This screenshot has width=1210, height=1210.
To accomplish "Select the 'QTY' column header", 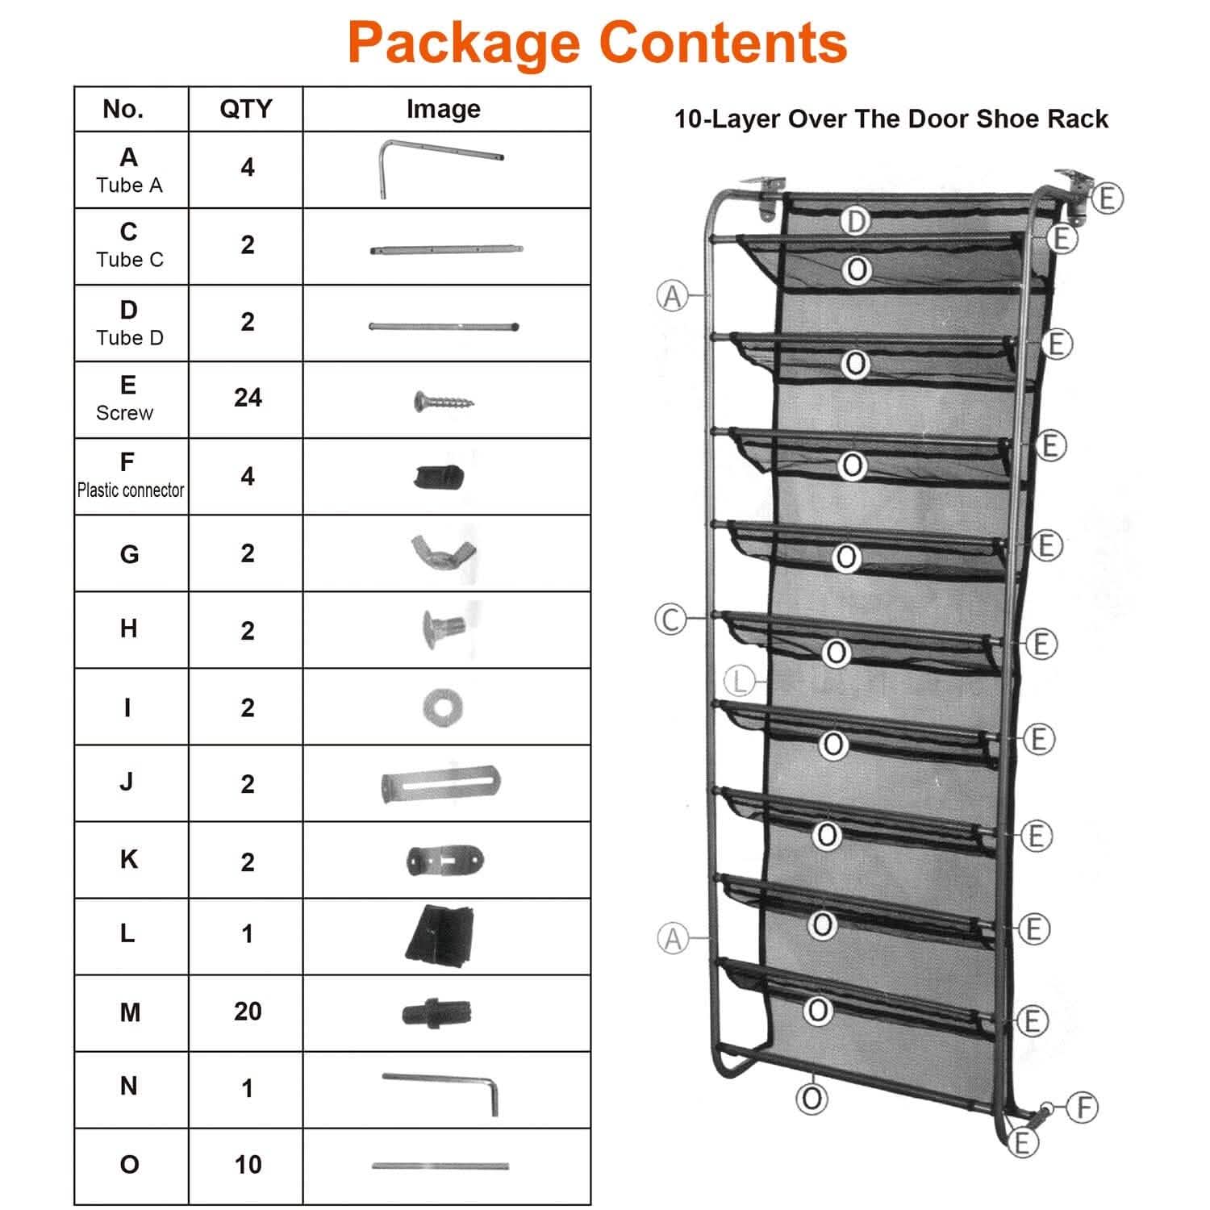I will [245, 109].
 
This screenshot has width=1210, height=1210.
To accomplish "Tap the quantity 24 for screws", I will [248, 398].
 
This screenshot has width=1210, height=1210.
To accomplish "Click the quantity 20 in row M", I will [248, 1011].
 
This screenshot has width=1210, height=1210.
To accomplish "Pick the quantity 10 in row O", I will [248, 1164].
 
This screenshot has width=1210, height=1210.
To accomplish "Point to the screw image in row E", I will [443, 401].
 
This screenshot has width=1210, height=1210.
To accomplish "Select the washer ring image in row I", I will [442, 707].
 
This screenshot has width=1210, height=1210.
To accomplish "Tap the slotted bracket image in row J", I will [440, 784].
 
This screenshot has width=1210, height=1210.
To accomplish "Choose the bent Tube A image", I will [440, 167].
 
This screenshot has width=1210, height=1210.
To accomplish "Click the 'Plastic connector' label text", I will [131, 490].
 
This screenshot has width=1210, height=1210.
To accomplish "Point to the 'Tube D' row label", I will [129, 337].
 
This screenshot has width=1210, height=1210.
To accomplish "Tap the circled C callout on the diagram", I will [670, 620].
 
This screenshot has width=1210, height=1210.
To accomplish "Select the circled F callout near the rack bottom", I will [1083, 1108].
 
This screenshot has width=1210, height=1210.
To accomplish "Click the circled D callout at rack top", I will [856, 221].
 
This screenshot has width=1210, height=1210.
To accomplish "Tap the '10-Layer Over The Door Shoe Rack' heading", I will [891, 119].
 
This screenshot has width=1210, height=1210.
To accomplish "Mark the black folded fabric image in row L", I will [440, 936].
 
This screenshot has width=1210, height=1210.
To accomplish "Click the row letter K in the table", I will [128, 859].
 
